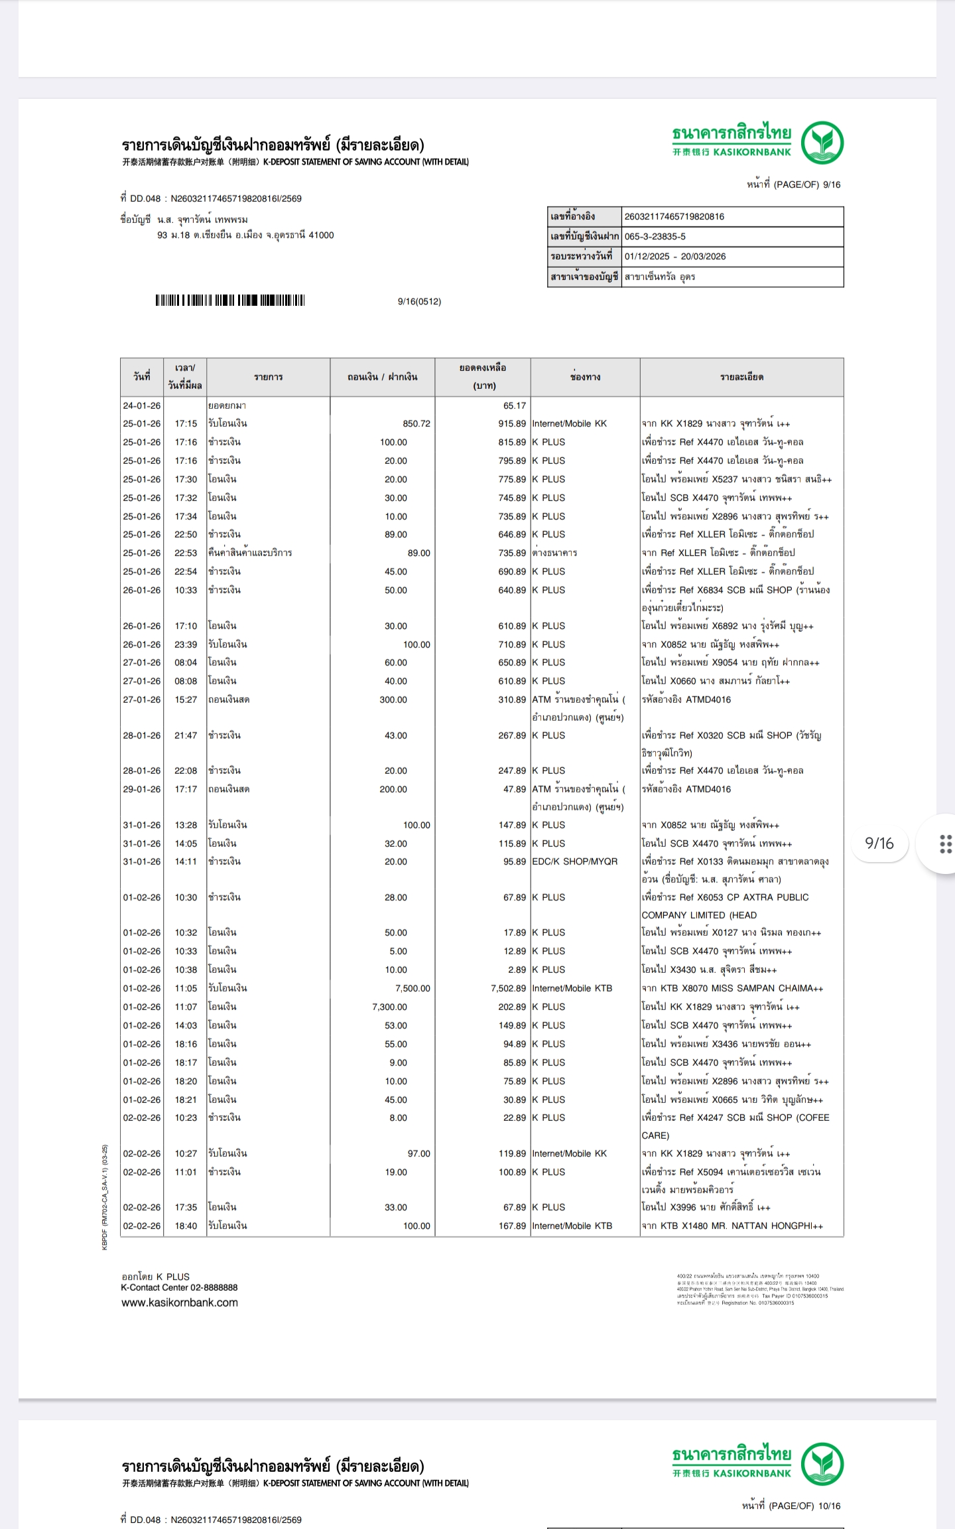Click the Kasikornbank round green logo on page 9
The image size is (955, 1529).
point(822,143)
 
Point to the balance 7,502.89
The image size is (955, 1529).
point(508,988)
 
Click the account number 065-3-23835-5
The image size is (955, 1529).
point(655,236)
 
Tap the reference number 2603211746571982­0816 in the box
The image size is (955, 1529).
point(674,216)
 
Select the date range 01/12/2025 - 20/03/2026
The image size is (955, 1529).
point(674,256)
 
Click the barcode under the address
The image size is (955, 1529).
point(229,301)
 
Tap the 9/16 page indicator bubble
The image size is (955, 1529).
point(879,843)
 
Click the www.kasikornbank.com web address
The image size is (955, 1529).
point(179,1302)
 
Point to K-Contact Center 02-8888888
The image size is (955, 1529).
point(179,1287)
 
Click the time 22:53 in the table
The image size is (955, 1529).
point(186,553)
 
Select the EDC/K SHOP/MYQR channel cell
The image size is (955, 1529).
point(574,861)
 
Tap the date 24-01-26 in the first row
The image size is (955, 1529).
point(141,405)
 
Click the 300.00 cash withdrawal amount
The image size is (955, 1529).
point(393,699)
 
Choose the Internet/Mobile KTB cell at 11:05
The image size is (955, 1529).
point(572,988)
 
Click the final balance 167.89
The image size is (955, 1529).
point(512,1226)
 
